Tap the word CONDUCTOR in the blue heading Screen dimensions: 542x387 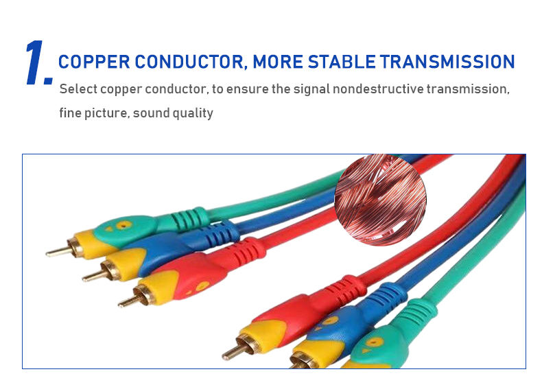(x=190, y=62)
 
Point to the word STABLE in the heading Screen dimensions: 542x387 (x=342, y=62)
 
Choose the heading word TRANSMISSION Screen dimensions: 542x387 (x=447, y=62)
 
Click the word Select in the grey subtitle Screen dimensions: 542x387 (x=78, y=89)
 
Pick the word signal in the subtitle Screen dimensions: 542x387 (x=311, y=90)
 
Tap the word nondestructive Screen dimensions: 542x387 (x=378, y=89)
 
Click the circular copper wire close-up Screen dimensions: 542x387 (x=380, y=200)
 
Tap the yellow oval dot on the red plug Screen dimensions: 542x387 (x=202, y=286)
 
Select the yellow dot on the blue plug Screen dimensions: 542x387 (x=330, y=320)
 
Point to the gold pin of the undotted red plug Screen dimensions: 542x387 (x=233, y=352)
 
